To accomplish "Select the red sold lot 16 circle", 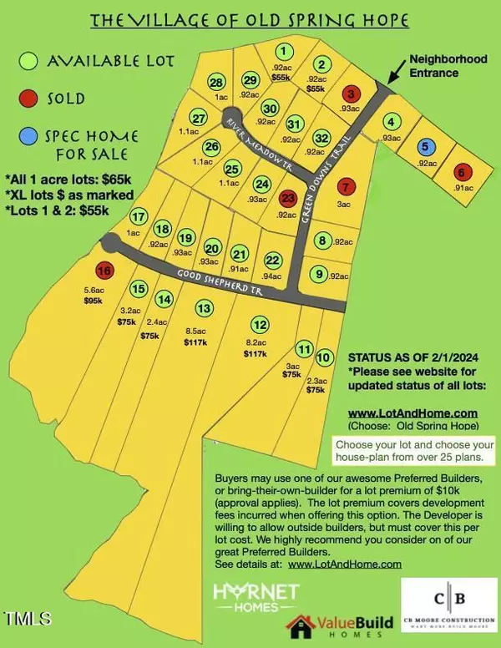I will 104,271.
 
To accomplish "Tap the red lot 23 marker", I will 288,198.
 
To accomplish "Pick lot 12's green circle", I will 261,325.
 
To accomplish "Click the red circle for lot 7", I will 347,185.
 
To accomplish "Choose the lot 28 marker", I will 216,82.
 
